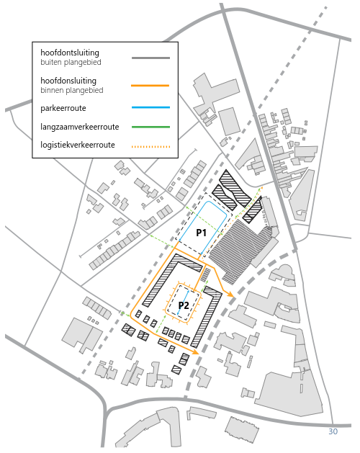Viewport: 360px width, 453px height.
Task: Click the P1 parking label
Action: point(201,233)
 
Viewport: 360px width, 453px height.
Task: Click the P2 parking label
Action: point(184,305)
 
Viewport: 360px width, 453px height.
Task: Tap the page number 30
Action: point(333,431)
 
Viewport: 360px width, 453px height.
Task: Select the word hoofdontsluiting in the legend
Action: point(70,53)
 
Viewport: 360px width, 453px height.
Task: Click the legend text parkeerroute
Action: point(63,108)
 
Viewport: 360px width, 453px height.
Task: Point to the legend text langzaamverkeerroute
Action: point(80,127)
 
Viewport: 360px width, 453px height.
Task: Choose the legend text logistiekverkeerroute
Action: point(78,145)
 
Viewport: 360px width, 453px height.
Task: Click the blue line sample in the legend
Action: point(150,107)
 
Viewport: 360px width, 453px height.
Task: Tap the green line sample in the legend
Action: point(150,127)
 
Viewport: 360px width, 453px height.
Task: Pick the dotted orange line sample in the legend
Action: point(150,147)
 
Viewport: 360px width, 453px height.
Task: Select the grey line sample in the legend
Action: point(150,58)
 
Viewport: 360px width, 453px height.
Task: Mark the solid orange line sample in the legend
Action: point(150,86)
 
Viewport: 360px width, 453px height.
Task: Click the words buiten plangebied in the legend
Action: point(71,63)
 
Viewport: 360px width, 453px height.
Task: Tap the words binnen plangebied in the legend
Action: point(72,91)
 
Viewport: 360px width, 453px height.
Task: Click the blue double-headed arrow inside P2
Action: point(183,302)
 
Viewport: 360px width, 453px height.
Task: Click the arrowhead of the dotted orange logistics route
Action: point(261,188)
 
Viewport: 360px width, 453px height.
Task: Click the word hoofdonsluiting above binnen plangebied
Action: point(68,81)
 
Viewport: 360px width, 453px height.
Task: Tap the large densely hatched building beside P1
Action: point(240,251)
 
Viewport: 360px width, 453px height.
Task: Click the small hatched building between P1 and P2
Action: point(205,275)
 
